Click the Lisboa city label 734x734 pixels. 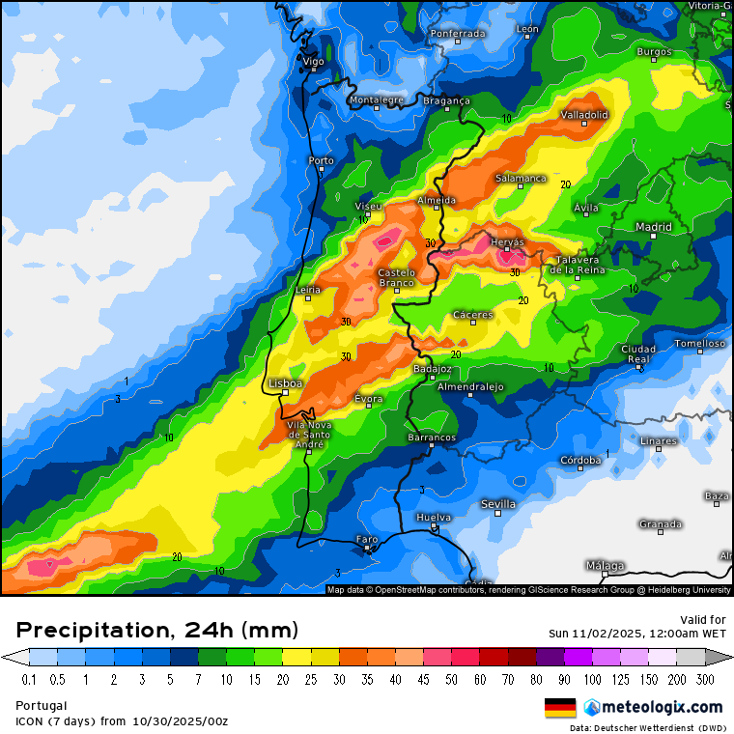(x=286, y=383)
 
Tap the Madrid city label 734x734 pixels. (x=654, y=227)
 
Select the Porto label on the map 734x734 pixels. (x=321, y=160)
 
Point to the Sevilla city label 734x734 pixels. (x=498, y=504)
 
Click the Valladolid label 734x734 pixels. (x=584, y=115)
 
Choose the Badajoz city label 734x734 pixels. (x=432, y=369)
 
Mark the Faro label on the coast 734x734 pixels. (x=367, y=539)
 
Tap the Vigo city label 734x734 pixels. (x=314, y=61)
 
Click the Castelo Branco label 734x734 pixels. (x=396, y=278)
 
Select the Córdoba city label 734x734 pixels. (x=580, y=460)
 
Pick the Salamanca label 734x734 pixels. (x=521, y=179)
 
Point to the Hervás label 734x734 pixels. (x=506, y=241)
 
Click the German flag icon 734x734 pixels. (x=560, y=707)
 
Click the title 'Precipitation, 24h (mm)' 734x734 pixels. (x=157, y=631)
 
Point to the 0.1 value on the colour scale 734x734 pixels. (x=29, y=680)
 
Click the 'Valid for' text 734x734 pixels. (x=704, y=619)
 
